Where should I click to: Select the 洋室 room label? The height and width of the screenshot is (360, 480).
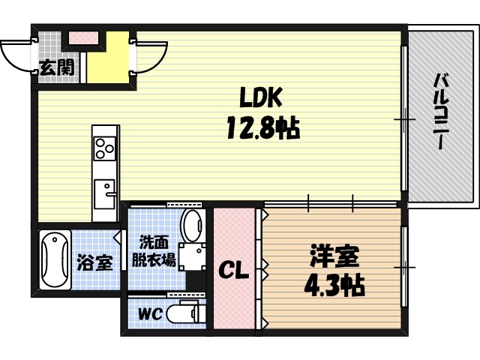tap(334, 257)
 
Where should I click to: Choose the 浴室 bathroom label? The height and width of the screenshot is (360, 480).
tap(95, 263)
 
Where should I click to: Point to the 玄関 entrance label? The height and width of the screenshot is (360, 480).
tap(57, 67)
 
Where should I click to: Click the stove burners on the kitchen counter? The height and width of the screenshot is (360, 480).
tap(105, 148)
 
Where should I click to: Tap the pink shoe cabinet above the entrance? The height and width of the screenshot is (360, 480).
tap(82, 37)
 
